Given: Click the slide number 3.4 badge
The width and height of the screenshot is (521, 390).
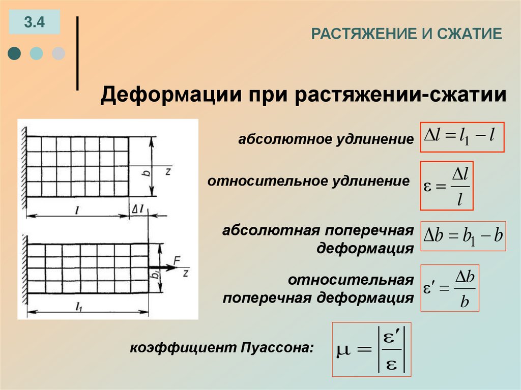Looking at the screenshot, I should (x=34, y=22).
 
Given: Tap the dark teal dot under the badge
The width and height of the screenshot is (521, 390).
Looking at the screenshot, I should (x=15, y=53).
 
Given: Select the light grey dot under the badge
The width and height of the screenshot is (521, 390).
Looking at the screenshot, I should (x=59, y=53).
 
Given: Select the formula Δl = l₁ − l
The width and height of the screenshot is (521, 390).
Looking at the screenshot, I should (x=462, y=137).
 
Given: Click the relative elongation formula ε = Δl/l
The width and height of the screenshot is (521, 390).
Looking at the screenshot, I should (x=447, y=186).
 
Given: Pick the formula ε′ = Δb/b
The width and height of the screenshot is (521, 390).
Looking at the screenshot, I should (x=450, y=288).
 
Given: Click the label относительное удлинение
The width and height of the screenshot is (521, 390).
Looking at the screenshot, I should (x=308, y=182).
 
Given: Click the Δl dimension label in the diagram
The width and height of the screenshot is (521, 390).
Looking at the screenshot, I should (x=137, y=208).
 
